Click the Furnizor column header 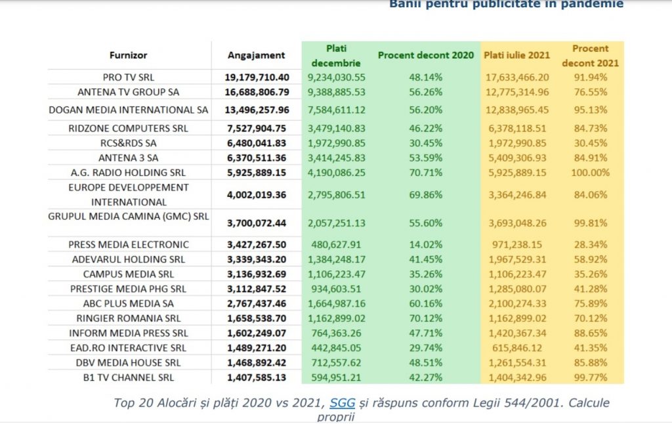point(128,56)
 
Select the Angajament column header point(256,56)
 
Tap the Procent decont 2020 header point(425,56)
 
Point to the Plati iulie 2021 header point(516,56)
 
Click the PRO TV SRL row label point(129,77)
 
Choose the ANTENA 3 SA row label point(129,158)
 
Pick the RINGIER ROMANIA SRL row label point(129,318)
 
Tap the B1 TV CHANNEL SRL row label point(129,377)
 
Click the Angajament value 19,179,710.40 point(257,77)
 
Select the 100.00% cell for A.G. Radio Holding point(590,173)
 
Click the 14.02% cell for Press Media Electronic point(425,245)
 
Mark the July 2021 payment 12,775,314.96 point(516,91)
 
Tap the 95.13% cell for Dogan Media point(590,110)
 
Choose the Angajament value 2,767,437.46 point(257,304)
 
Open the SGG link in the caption point(342,403)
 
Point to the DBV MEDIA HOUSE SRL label point(129,362)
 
